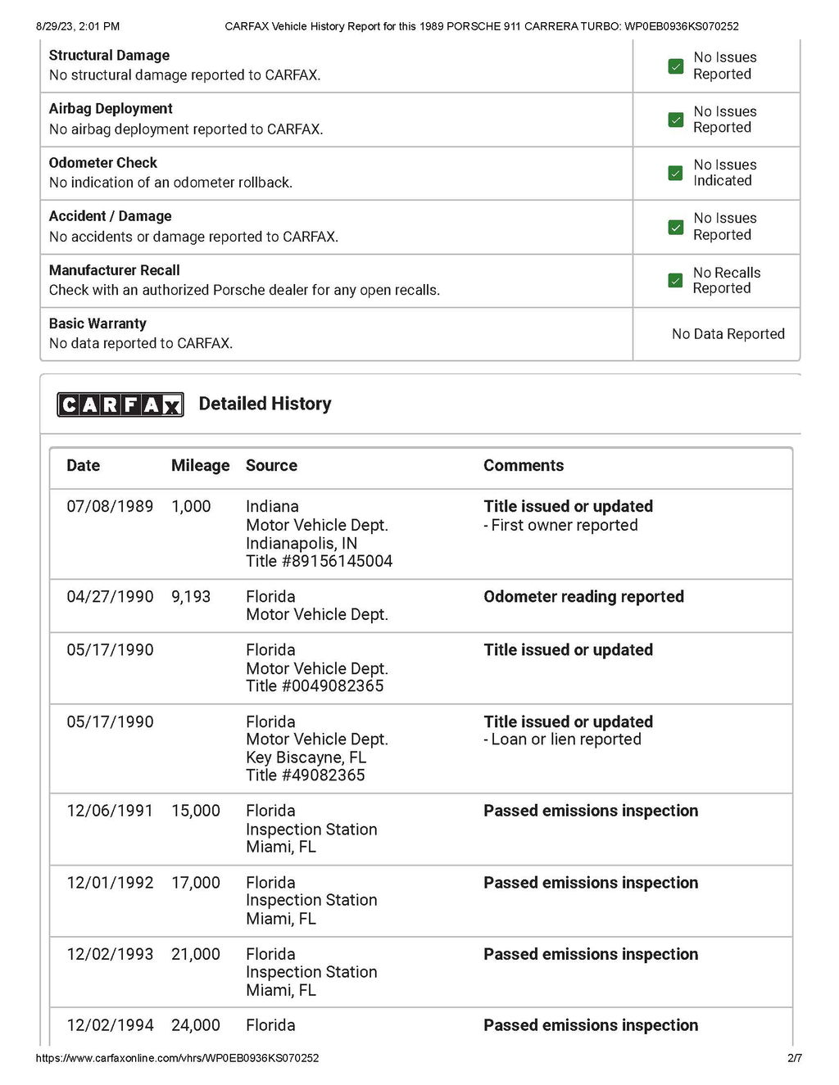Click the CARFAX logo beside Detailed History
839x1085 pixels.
coord(120,405)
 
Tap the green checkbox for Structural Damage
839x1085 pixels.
coord(676,66)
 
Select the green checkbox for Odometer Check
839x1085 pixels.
coord(676,173)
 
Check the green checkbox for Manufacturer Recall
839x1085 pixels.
coord(676,281)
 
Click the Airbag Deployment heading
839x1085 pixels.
coord(111,109)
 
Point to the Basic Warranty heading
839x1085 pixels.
coord(98,323)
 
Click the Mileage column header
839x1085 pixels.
coord(200,466)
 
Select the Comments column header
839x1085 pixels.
coord(524,466)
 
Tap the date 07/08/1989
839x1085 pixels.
coord(110,507)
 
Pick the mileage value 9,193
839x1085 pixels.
coord(191,597)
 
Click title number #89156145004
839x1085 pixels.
coord(320,561)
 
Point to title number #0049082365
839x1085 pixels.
coord(315,686)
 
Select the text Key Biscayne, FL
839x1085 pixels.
coord(306,757)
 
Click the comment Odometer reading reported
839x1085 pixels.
coord(583,597)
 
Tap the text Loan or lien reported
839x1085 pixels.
coord(565,739)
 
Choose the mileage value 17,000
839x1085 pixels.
coord(196,883)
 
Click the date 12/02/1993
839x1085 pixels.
coord(110,954)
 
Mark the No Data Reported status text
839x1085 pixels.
coord(728,334)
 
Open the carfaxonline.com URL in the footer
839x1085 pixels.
coord(177,1058)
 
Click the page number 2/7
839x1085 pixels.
coord(794,1058)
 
